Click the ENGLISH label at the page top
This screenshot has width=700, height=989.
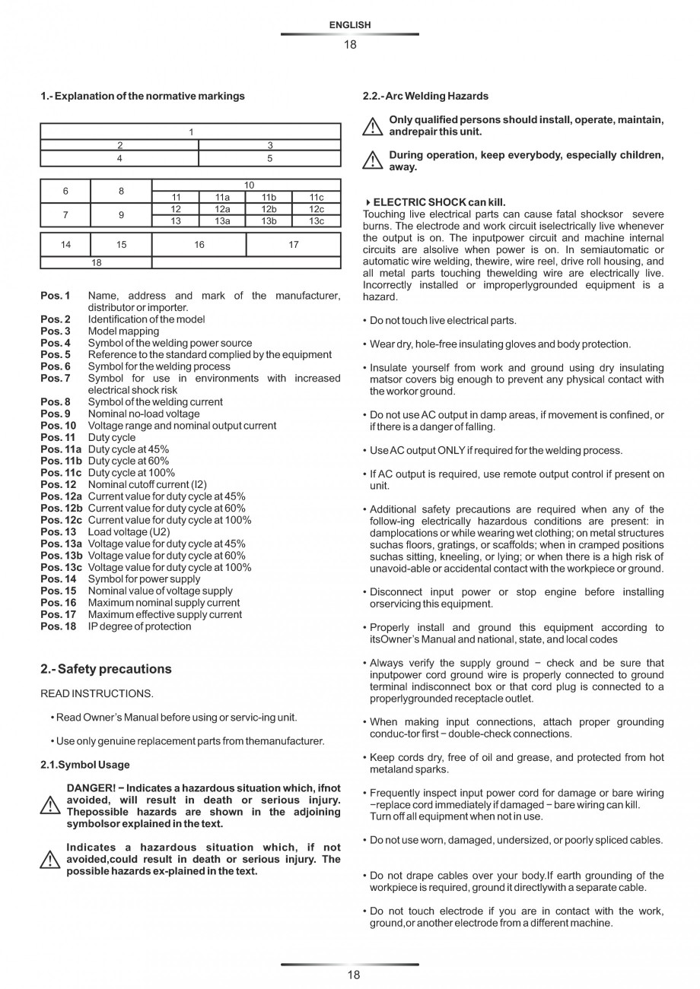(x=350, y=25)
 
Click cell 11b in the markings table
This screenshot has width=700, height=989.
(x=269, y=198)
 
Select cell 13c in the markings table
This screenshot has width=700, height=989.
(x=317, y=221)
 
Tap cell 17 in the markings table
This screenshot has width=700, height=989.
(x=294, y=245)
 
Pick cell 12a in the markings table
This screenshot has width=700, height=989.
(x=222, y=209)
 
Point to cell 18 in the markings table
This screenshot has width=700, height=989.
(x=96, y=263)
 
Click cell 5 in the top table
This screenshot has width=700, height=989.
(x=269, y=159)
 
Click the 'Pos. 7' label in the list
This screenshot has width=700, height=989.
(x=56, y=379)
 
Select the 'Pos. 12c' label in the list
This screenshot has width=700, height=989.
(x=62, y=520)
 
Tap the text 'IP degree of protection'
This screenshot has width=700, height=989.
(x=139, y=626)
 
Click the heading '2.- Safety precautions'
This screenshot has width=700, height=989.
(x=106, y=669)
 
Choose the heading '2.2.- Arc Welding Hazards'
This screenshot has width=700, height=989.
(x=426, y=96)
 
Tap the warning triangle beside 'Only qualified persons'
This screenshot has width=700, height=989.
(x=372, y=127)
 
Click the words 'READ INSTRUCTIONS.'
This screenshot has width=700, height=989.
(x=97, y=693)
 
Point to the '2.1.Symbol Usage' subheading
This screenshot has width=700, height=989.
(x=85, y=765)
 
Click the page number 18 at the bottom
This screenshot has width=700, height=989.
(x=353, y=975)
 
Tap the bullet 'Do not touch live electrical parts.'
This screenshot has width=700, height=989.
(x=443, y=321)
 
